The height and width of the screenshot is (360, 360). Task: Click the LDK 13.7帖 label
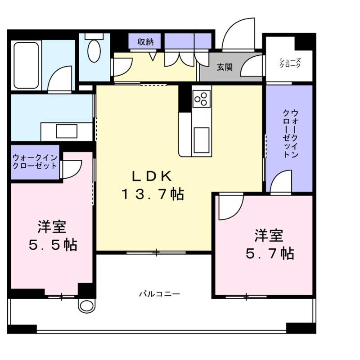pyautogui.click(x=152, y=185)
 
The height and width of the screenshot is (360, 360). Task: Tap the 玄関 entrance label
pyautogui.click(x=225, y=67)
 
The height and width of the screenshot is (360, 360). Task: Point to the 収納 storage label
pyautogui.click(x=145, y=42)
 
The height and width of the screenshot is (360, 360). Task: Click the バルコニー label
pyautogui.click(x=159, y=294)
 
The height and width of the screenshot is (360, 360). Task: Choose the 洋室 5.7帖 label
pyautogui.click(x=269, y=244)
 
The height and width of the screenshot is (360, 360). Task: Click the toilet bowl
pyautogui.click(x=94, y=50)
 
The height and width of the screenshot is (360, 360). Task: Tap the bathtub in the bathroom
pyautogui.click(x=26, y=66)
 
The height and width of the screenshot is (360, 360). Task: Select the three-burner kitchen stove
pyautogui.click(x=201, y=98)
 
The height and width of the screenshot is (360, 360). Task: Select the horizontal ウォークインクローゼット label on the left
pyautogui.click(x=35, y=162)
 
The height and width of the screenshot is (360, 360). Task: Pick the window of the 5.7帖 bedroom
pyautogui.click(x=246, y=296)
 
